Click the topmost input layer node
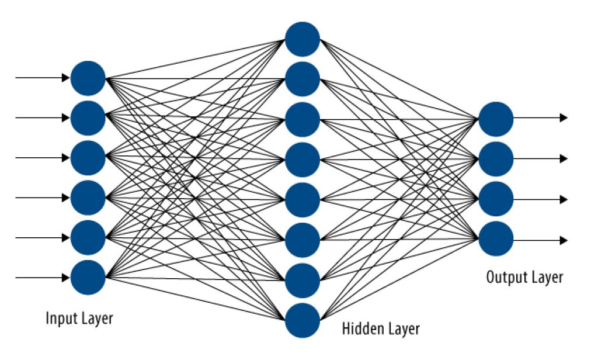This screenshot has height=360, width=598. click(88, 78)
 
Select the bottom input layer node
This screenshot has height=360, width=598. click(88, 278)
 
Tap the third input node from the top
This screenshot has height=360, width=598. click(88, 158)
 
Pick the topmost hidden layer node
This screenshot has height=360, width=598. click(303, 39)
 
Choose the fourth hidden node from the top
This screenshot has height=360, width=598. click(303, 159)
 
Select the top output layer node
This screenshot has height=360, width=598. click(496, 118)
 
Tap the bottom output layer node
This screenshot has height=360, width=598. click(496, 239)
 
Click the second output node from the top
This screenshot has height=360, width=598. click(496, 158)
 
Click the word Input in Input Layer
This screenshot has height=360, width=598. click(59, 319)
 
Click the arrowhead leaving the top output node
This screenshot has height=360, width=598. click(564, 118)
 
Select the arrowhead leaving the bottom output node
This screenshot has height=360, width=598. click(564, 240)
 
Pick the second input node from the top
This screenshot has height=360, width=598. click(88, 118)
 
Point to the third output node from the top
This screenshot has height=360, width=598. click(496, 199)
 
